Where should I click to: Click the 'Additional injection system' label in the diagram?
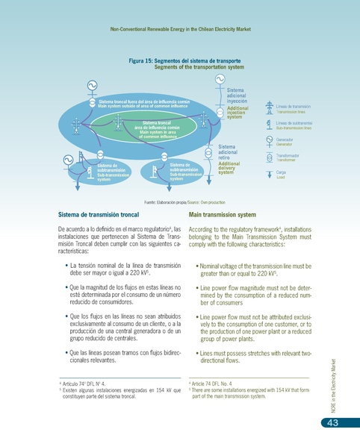pos(238,113)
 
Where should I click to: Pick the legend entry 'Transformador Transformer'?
pos(290,157)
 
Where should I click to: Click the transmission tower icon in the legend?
pos(270,108)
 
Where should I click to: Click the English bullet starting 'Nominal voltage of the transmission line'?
pos(251,269)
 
